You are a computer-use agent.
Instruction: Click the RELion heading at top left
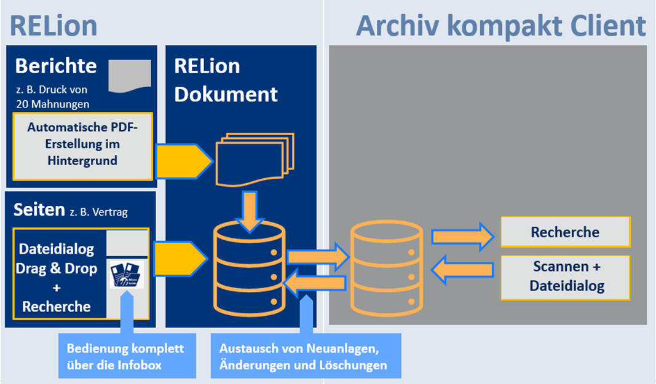[x=53, y=26]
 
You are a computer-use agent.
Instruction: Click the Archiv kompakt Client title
[x=501, y=26]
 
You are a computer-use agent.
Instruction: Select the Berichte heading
[x=56, y=66]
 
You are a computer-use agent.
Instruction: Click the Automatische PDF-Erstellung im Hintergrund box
[x=82, y=146]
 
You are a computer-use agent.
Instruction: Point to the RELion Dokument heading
[x=226, y=80]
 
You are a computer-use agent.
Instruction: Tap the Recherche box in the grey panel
[x=565, y=232]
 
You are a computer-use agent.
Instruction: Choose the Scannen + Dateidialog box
[x=565, y=277]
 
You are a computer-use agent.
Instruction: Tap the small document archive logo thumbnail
[x=127, y=275]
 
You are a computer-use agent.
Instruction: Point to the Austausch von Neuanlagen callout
[x=305, y=356]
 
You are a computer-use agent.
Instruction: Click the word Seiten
[x=39, y=210]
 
